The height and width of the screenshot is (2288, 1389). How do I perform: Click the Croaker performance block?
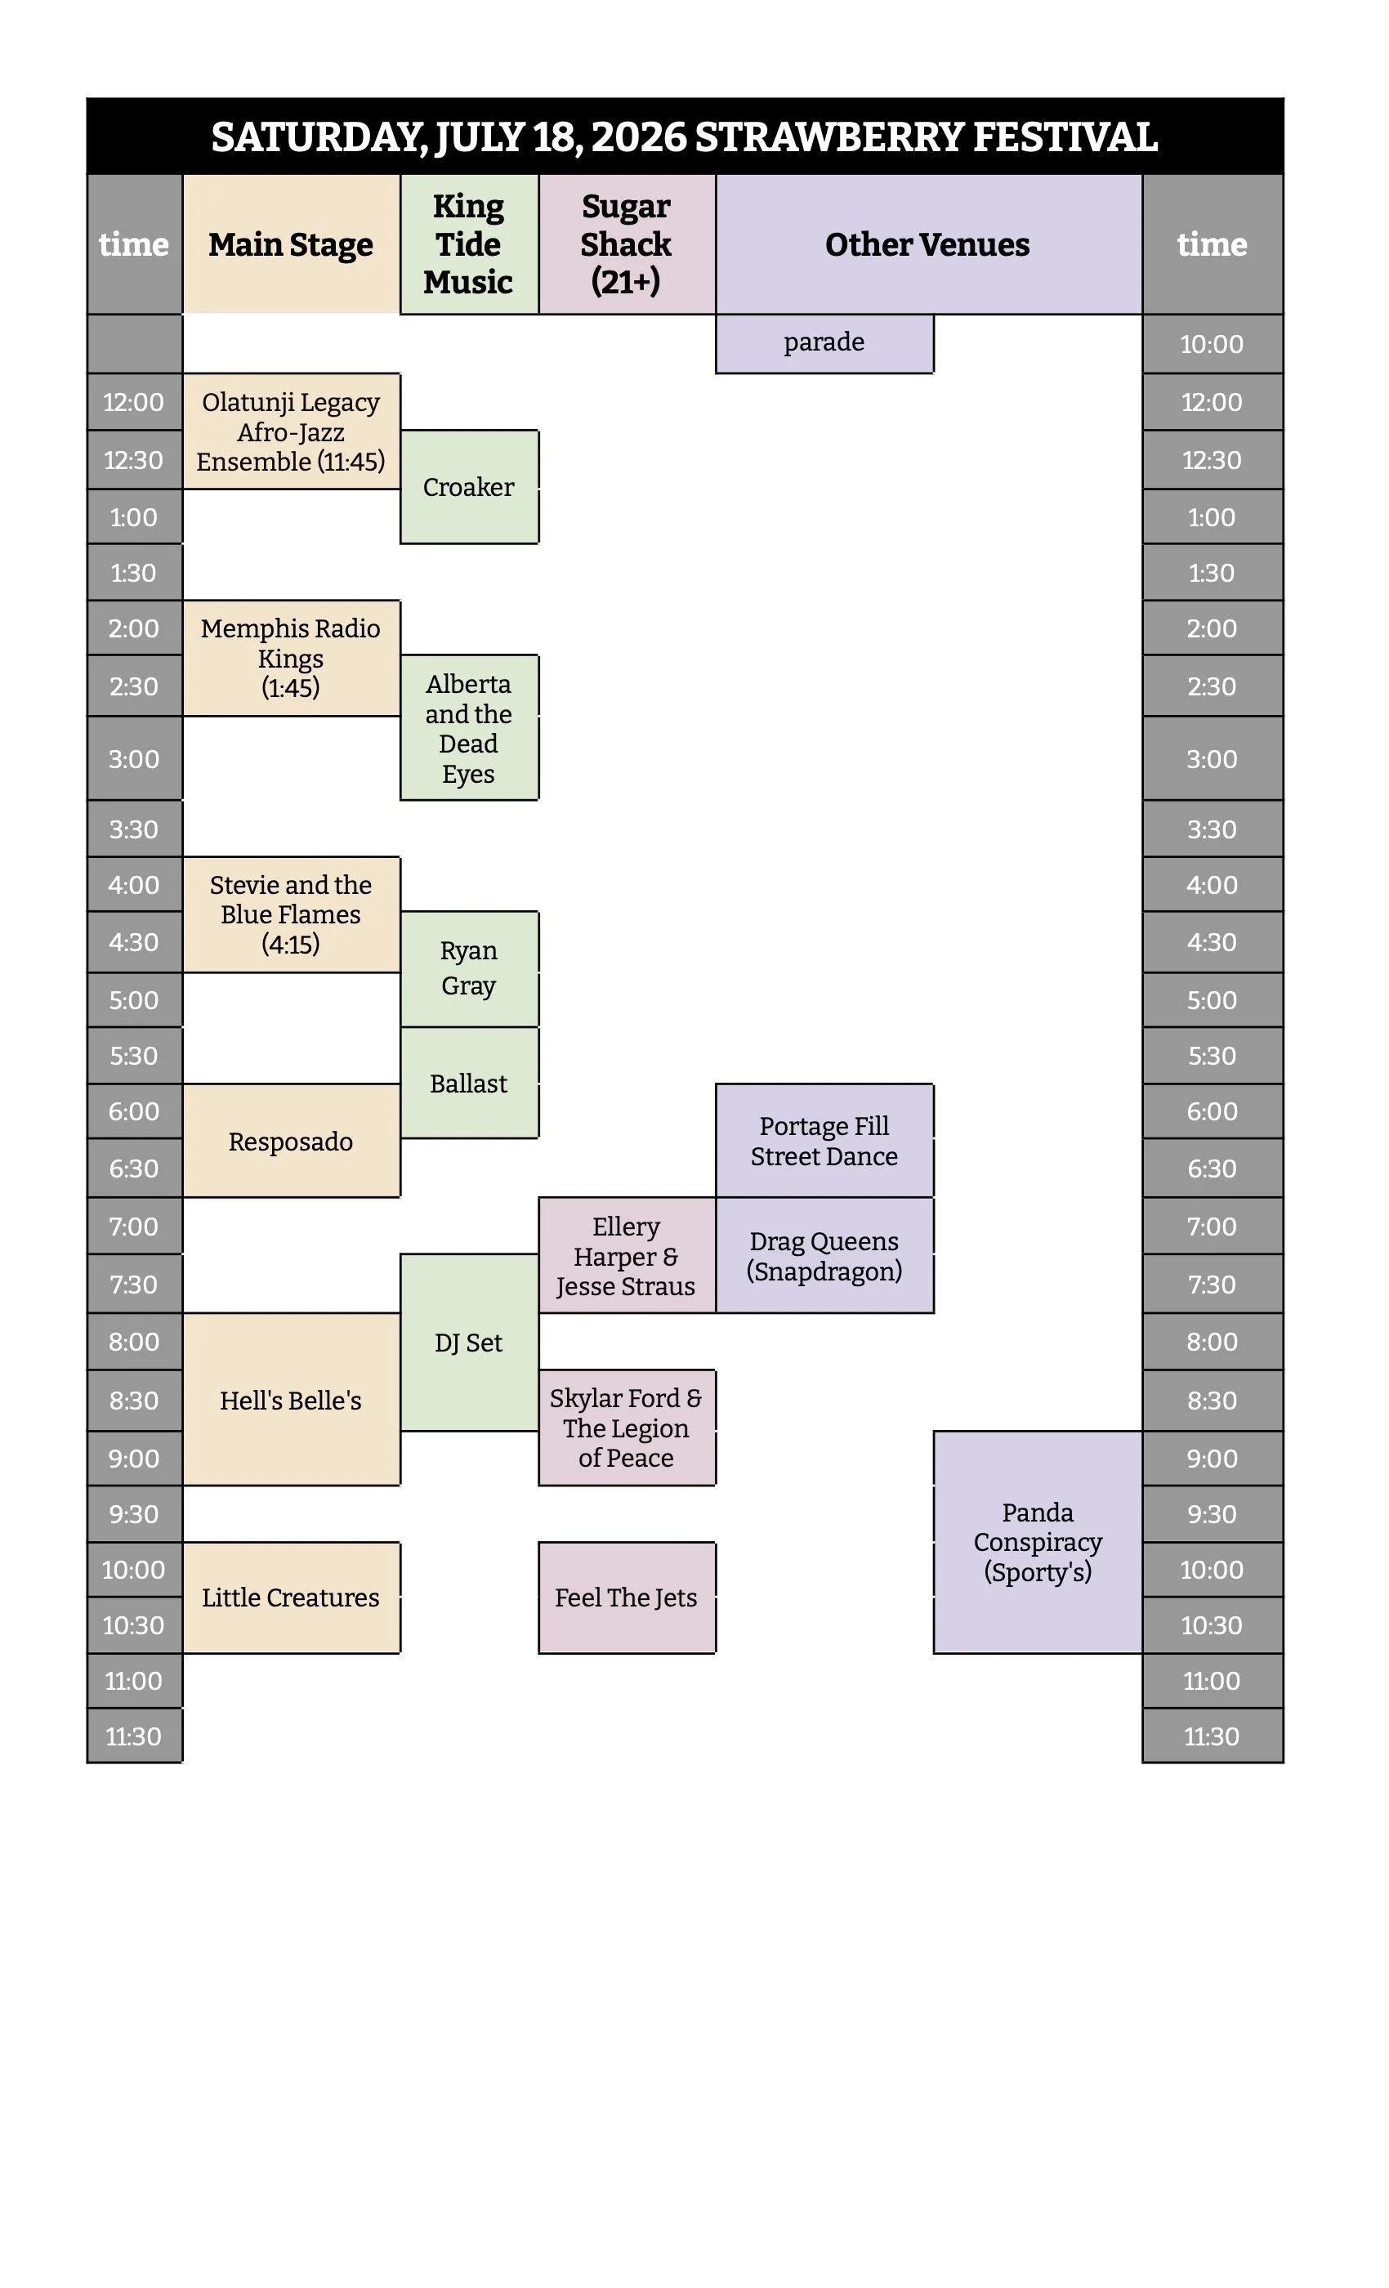pyautogui.click(x=469, y=486)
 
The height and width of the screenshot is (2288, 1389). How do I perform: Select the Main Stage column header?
pyautogui.click(x=291, y=244)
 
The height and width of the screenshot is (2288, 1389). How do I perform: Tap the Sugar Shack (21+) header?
pyautogui.click(x=627, y=244)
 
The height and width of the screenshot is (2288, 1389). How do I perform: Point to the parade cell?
pyautogui.click(x=824, y=342)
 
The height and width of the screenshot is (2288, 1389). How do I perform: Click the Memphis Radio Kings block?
pyautogui.click(x=291, y=658)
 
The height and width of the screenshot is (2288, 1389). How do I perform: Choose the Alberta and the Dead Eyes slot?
pyautogui.click(x=469, y=728)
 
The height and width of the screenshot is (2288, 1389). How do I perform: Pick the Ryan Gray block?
pyautogui.click(x=469, y=968)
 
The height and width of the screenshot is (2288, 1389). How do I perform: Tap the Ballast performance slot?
pyautogui.click(x=469, y=1083)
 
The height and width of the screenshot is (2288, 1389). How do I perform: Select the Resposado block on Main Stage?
pyautogui.click(x=291, y=1140)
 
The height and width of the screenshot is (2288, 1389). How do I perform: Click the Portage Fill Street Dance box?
pyautogui.click(x=824, y=1140)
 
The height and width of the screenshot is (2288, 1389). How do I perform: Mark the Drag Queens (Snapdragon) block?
pyautogui.click(x=824, y=1255)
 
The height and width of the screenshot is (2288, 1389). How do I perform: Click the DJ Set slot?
pyautogui.click(x=469, y=1343)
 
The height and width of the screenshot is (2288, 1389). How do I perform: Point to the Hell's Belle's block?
pyautogui.click(x=291, y=1399)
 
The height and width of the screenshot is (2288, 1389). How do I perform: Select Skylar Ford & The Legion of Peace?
pyautogui.click(x=627, y=1428)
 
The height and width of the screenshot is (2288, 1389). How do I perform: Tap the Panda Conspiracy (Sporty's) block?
pyautogui.click(x=1037, y=1541)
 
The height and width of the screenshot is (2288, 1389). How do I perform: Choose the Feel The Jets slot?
pyautogui.click(x=627, y=1598)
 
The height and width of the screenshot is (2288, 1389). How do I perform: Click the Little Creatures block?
pyautogui.click(x=291, y=1598)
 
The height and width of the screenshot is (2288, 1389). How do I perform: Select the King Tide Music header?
pyautogui.click(x=469, y=244)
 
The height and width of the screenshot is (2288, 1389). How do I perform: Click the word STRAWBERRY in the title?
pyautogui.click(x=829, y=137)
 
